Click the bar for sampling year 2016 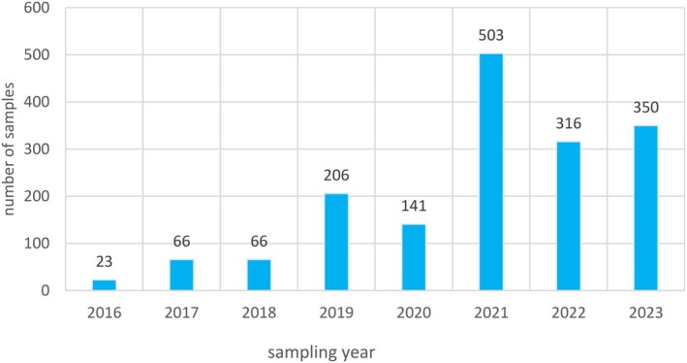[x=104, y=284]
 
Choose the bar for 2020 [x=414, y=257]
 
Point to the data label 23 [x=104, y=262]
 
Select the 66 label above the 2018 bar [x=259, y=242]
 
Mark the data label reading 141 [x=414, y=207]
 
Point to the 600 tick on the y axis [x=43, y=9]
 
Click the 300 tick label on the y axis [x=43, y=149]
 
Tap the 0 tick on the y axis [x=51, y=290]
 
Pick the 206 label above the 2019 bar [x=336, y=177]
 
